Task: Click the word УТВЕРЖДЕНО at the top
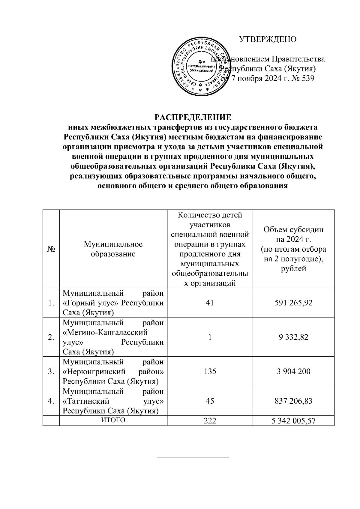click(268, 39)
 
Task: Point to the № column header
click(51, 249)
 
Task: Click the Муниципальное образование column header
click(113, 249)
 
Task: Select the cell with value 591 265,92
click(293, 303)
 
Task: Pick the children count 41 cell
click(210, 303)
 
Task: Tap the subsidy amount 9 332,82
click(293, 337)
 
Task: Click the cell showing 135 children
click(210, 371)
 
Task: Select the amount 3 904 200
click(293, 371)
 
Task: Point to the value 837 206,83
click(293, 401)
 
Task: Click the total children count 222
click(210, 421)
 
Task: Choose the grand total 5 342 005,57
click(293, 421)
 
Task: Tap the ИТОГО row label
click(113, 421)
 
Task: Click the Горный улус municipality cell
click(113, 303)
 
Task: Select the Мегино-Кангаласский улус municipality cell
click(113, 337)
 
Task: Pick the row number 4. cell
click(51, 401)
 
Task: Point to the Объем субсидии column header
click(293, 249)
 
